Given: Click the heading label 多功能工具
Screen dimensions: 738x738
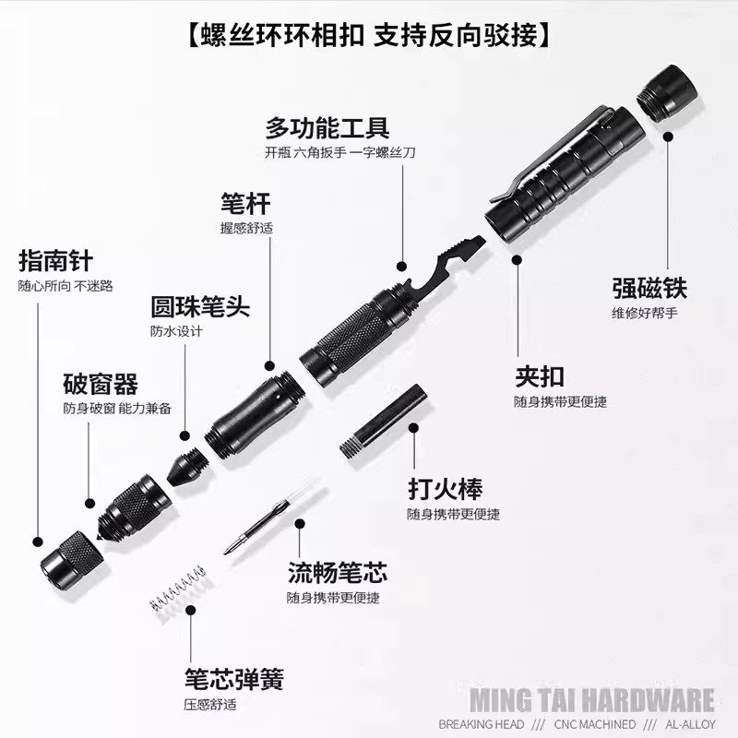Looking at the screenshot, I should pos(327,126).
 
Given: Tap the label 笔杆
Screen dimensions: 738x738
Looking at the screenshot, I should pos(245,202).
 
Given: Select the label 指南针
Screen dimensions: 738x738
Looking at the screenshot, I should pos(55,260).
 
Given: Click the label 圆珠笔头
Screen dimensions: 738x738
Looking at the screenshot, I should pos(200,305).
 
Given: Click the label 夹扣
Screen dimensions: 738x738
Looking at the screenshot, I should pos(540,375).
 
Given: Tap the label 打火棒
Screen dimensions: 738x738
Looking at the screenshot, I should pos(445,488).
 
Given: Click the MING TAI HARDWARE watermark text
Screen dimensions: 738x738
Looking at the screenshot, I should pos(604,697).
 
